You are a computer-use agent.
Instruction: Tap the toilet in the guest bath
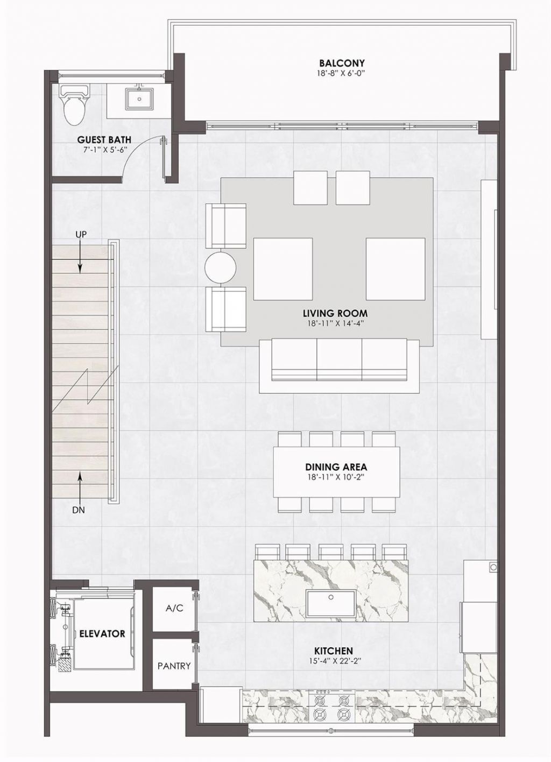click(74, 105)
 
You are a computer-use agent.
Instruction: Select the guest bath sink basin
click(139, 99)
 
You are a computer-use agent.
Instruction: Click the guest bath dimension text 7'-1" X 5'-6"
click(104, 151)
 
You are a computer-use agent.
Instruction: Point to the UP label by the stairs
click(81, 234)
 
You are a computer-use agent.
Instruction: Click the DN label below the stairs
click(79, 510)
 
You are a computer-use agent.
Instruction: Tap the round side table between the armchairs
click(221, 267)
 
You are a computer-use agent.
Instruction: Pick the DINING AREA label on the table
click(336, 467)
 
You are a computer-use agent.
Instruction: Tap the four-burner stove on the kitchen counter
click(329, 707)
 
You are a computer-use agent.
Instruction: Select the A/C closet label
click(174, 609)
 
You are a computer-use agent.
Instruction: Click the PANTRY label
click(174, 666)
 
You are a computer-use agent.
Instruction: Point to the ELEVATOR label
click(102, 633)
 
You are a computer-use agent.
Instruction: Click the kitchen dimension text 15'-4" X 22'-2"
click(335, 661)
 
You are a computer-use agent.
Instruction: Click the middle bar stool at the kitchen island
click(330, 551)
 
